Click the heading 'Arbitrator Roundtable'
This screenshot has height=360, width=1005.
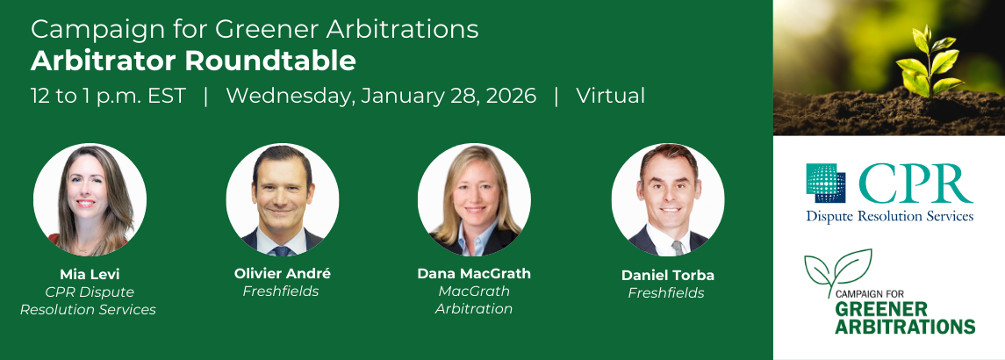[x=193, y=61]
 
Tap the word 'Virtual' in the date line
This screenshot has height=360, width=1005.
[x=610, y=96]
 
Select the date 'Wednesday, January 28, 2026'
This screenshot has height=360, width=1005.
[x=381, y=97]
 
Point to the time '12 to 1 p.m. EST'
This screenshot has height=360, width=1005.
[x=108, y=97]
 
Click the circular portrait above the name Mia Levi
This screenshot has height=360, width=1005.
[x=90, y=199]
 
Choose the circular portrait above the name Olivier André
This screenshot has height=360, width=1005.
[x=282, y=199]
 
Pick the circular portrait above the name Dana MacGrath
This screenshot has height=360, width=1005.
[x=474, y=199]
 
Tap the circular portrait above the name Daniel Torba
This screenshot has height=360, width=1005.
[x=667, y=199]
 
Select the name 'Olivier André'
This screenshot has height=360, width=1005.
[x=282, y=273]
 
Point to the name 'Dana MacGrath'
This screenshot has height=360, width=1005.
[x=474, y=273]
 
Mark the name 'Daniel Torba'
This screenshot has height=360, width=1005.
[x=667, y=276]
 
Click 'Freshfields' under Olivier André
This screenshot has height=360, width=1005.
[x=281, y=292]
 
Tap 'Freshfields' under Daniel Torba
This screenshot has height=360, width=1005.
[x=666, y=293]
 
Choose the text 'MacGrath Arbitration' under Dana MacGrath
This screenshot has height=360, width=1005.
[x=474, y=300]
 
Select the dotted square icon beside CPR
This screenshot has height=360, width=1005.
[x=826, y=183]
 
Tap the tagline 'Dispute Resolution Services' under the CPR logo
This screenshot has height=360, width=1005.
[x=890, y=216]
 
